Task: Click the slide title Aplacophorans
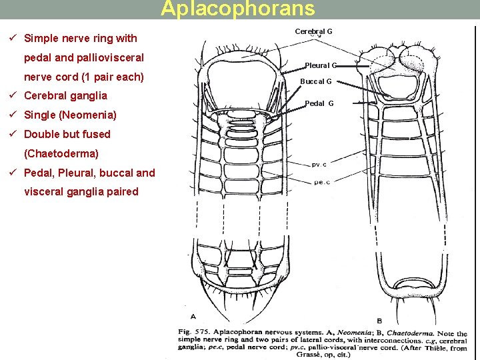238,9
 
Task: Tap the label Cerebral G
313,31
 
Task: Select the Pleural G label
321,65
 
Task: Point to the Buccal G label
315,81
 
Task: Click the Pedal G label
319,103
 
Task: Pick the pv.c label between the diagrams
320,165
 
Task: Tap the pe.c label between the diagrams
320,181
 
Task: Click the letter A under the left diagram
193,316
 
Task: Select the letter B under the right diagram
379,320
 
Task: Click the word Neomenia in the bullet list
87,115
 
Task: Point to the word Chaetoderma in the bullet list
61,153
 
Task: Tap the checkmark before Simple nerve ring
14,38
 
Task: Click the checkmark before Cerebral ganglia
14,95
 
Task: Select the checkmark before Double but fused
14,134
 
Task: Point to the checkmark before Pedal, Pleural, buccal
14,173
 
